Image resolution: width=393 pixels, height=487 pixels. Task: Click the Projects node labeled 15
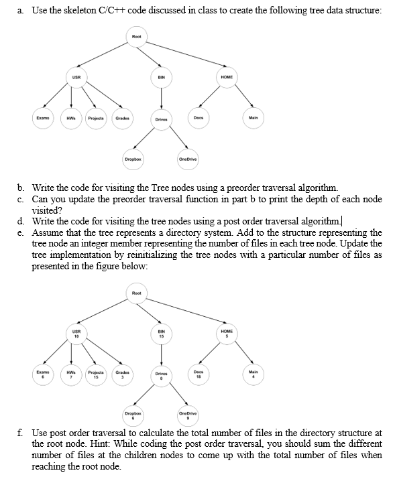[97, 374]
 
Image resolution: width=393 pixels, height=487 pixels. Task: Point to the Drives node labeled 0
[161, 377]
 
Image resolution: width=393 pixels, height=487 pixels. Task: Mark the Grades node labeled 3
[123, 374]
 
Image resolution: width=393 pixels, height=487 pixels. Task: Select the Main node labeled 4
[252, 374]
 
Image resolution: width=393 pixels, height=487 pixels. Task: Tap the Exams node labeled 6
[42, 374]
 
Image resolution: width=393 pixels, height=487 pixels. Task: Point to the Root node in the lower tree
[137, 293]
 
